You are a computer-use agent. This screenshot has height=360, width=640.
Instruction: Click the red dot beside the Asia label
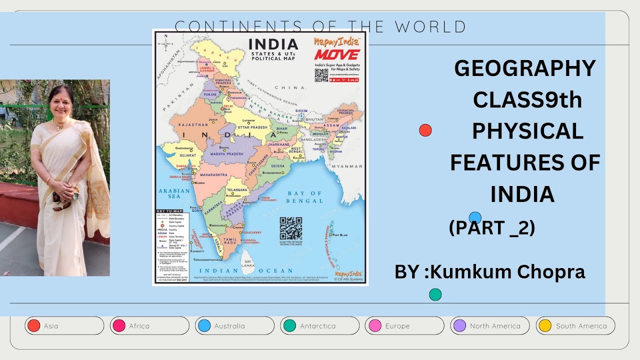coord(34,326)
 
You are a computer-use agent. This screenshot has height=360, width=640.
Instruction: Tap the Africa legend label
coord(139,326)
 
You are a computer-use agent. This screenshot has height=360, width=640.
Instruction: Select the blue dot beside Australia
coord(204,326)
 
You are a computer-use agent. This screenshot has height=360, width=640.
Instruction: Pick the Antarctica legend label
coord(317,326)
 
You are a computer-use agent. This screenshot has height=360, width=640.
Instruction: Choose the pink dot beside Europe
coord(374,326)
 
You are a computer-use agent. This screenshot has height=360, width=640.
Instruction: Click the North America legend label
coord(495,326)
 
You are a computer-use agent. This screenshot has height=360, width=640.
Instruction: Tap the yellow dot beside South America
coord(544,326)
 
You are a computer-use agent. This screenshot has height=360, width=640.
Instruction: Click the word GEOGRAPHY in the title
coord(525,68)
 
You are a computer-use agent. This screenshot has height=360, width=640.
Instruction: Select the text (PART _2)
coord(492,227)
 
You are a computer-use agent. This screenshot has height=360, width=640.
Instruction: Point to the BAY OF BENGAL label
coord(305,197)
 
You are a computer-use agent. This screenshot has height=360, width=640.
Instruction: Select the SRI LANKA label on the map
coord(246,264)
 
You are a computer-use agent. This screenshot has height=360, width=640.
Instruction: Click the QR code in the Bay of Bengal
coord(290,228)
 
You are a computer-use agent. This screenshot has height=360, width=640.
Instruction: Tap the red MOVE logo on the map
coord(336,54)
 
